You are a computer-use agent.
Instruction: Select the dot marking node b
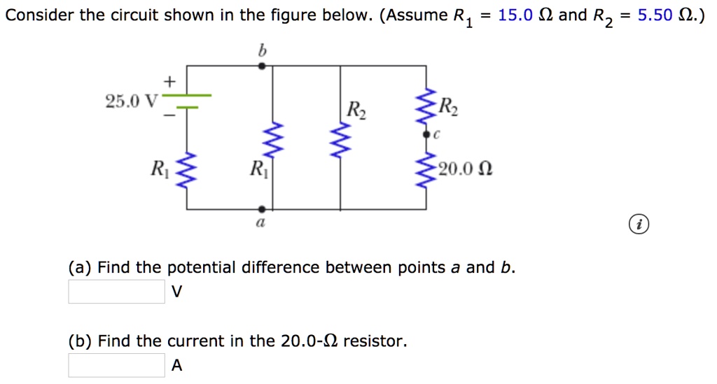262,66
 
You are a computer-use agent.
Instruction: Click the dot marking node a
262,208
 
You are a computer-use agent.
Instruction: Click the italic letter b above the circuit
263,50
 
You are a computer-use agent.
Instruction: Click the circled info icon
639,225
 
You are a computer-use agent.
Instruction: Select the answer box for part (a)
116,292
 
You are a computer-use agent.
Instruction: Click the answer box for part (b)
116,365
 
